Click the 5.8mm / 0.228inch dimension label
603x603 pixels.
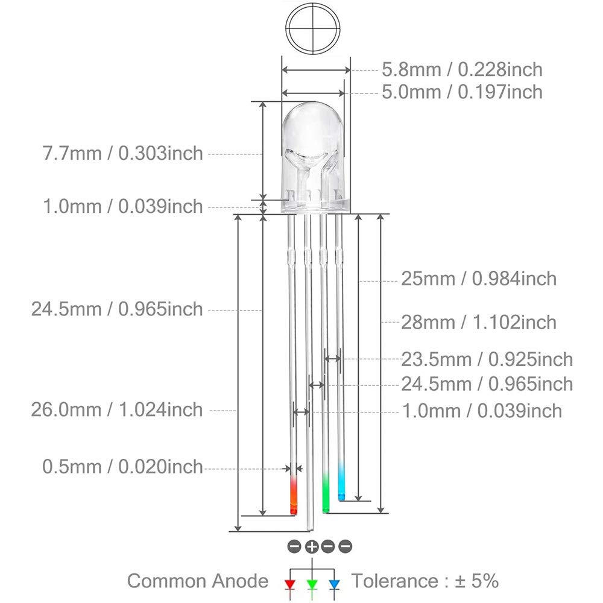tap(462, 69)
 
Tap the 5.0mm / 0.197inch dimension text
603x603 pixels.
tap(462, 92)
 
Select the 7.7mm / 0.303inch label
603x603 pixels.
tap(122, 153)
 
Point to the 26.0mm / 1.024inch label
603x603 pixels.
tap(117, 409)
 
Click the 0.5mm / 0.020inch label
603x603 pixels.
tap(122, 467)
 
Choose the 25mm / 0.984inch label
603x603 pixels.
tap(479, 279)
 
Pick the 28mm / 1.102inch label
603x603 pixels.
tap(479, 322)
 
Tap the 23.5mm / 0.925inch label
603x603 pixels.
tap(487, 359)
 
